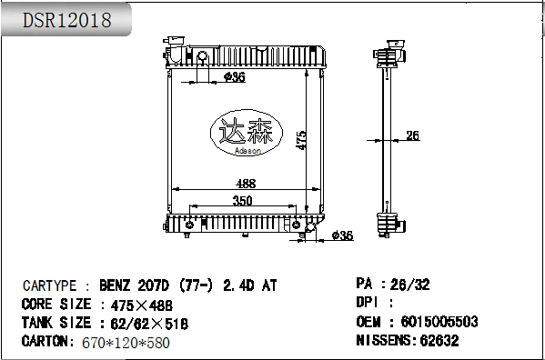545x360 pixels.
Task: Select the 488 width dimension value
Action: (x=245, y=183)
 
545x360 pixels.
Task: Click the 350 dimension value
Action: (x=242, y=200)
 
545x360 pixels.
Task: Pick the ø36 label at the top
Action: (x=234, y=77)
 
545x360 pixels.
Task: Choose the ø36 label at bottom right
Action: (x=341, y=235)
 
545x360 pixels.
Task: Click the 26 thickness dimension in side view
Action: (x=412, y=136)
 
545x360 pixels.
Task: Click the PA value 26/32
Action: (x=409, y=285)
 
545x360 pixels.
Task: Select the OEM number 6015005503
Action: (x=433, y=322)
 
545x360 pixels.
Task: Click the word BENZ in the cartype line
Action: (x=118, y=285)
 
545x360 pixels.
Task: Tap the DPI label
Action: (x=367, y=303)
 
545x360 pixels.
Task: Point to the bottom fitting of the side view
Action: (x=389, y=223)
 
